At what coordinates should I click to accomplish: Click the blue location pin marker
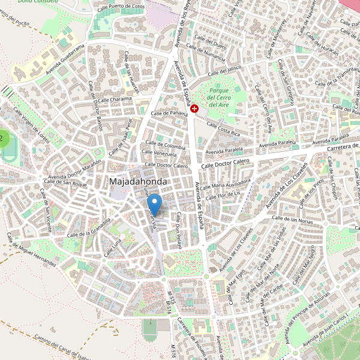[x=155, y=205]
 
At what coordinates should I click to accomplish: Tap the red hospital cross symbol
[x=195, y=108]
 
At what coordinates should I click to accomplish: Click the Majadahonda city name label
[x=138, y=181]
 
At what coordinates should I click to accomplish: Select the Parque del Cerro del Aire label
[x=218, y=97]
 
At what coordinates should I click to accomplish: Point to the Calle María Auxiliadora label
[x=226, y=182]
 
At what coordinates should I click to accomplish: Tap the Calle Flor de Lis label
[x=223, y=194]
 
